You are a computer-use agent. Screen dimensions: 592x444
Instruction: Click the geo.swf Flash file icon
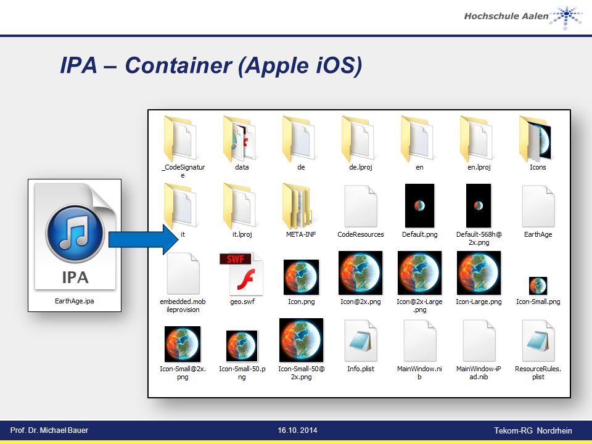[242, 273]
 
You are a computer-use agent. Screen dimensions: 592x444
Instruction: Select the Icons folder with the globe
[535, 139]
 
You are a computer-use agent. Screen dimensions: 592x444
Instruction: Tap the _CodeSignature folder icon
[180, 139]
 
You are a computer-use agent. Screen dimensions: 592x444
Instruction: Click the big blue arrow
[144, 239]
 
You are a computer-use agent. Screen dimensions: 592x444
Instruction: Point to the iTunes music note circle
[75, 233]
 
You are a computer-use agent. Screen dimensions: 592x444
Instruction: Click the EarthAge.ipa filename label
[75, 301]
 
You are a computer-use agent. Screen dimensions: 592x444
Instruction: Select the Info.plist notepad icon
[361, 341]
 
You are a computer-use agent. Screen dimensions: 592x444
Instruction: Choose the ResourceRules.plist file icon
[538, 341]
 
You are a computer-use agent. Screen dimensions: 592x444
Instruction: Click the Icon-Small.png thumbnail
[538, 286]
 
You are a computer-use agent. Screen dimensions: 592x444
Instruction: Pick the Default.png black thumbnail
[419, 206]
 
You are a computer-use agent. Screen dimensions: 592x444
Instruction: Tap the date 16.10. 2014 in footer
[297, 430]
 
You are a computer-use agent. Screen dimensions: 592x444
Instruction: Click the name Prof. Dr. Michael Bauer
[49, 430]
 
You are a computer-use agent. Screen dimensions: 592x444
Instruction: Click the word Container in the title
[178, 65]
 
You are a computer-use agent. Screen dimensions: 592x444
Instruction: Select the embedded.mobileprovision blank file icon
[183, 273]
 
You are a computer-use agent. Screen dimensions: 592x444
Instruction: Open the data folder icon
[239, 139]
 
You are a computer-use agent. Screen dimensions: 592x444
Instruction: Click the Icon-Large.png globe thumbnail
[479, 273]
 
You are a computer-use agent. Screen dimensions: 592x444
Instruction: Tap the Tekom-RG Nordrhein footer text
[533, 431]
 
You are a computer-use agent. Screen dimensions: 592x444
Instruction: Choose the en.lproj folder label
[479, 167]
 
